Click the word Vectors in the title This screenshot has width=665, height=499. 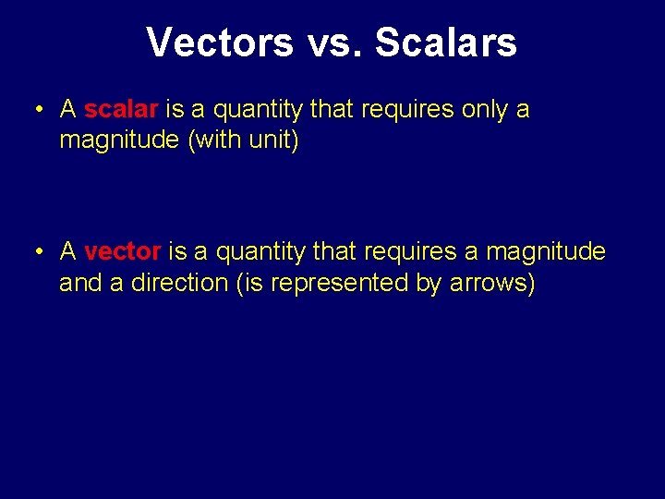click(x=219, y=43)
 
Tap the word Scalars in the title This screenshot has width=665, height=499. click(x=446, y=43)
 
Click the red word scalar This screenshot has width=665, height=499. click(x=121, y=110)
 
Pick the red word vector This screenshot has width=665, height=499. click(x=123, y=251)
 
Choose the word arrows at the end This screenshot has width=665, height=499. click(x=491, y=283)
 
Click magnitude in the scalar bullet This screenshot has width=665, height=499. click(x=119, y=141)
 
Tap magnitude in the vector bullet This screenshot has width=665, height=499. click(x=546, y=251)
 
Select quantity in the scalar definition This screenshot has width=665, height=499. click(x=259, y=110)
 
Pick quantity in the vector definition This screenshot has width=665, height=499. click(x=261, y=251)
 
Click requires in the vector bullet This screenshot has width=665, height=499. click(x=412, y=251)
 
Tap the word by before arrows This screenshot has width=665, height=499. click(x=429, y=283)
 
